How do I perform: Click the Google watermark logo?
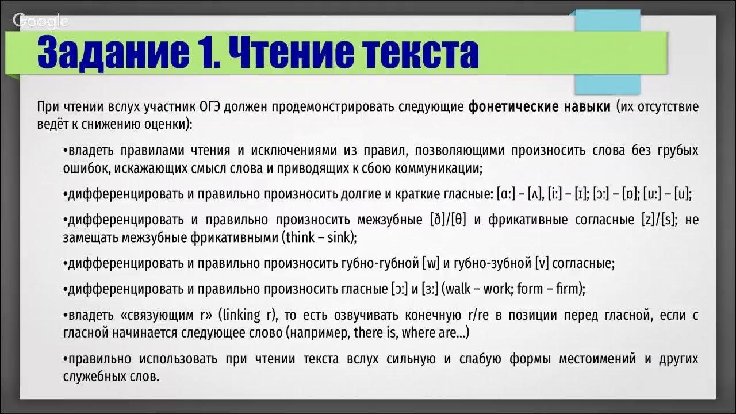[x=41, y=21]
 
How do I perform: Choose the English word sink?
[x=339, y=237]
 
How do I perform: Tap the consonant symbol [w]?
[x=431, y=264]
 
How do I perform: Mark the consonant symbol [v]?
[x=540, y=264]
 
